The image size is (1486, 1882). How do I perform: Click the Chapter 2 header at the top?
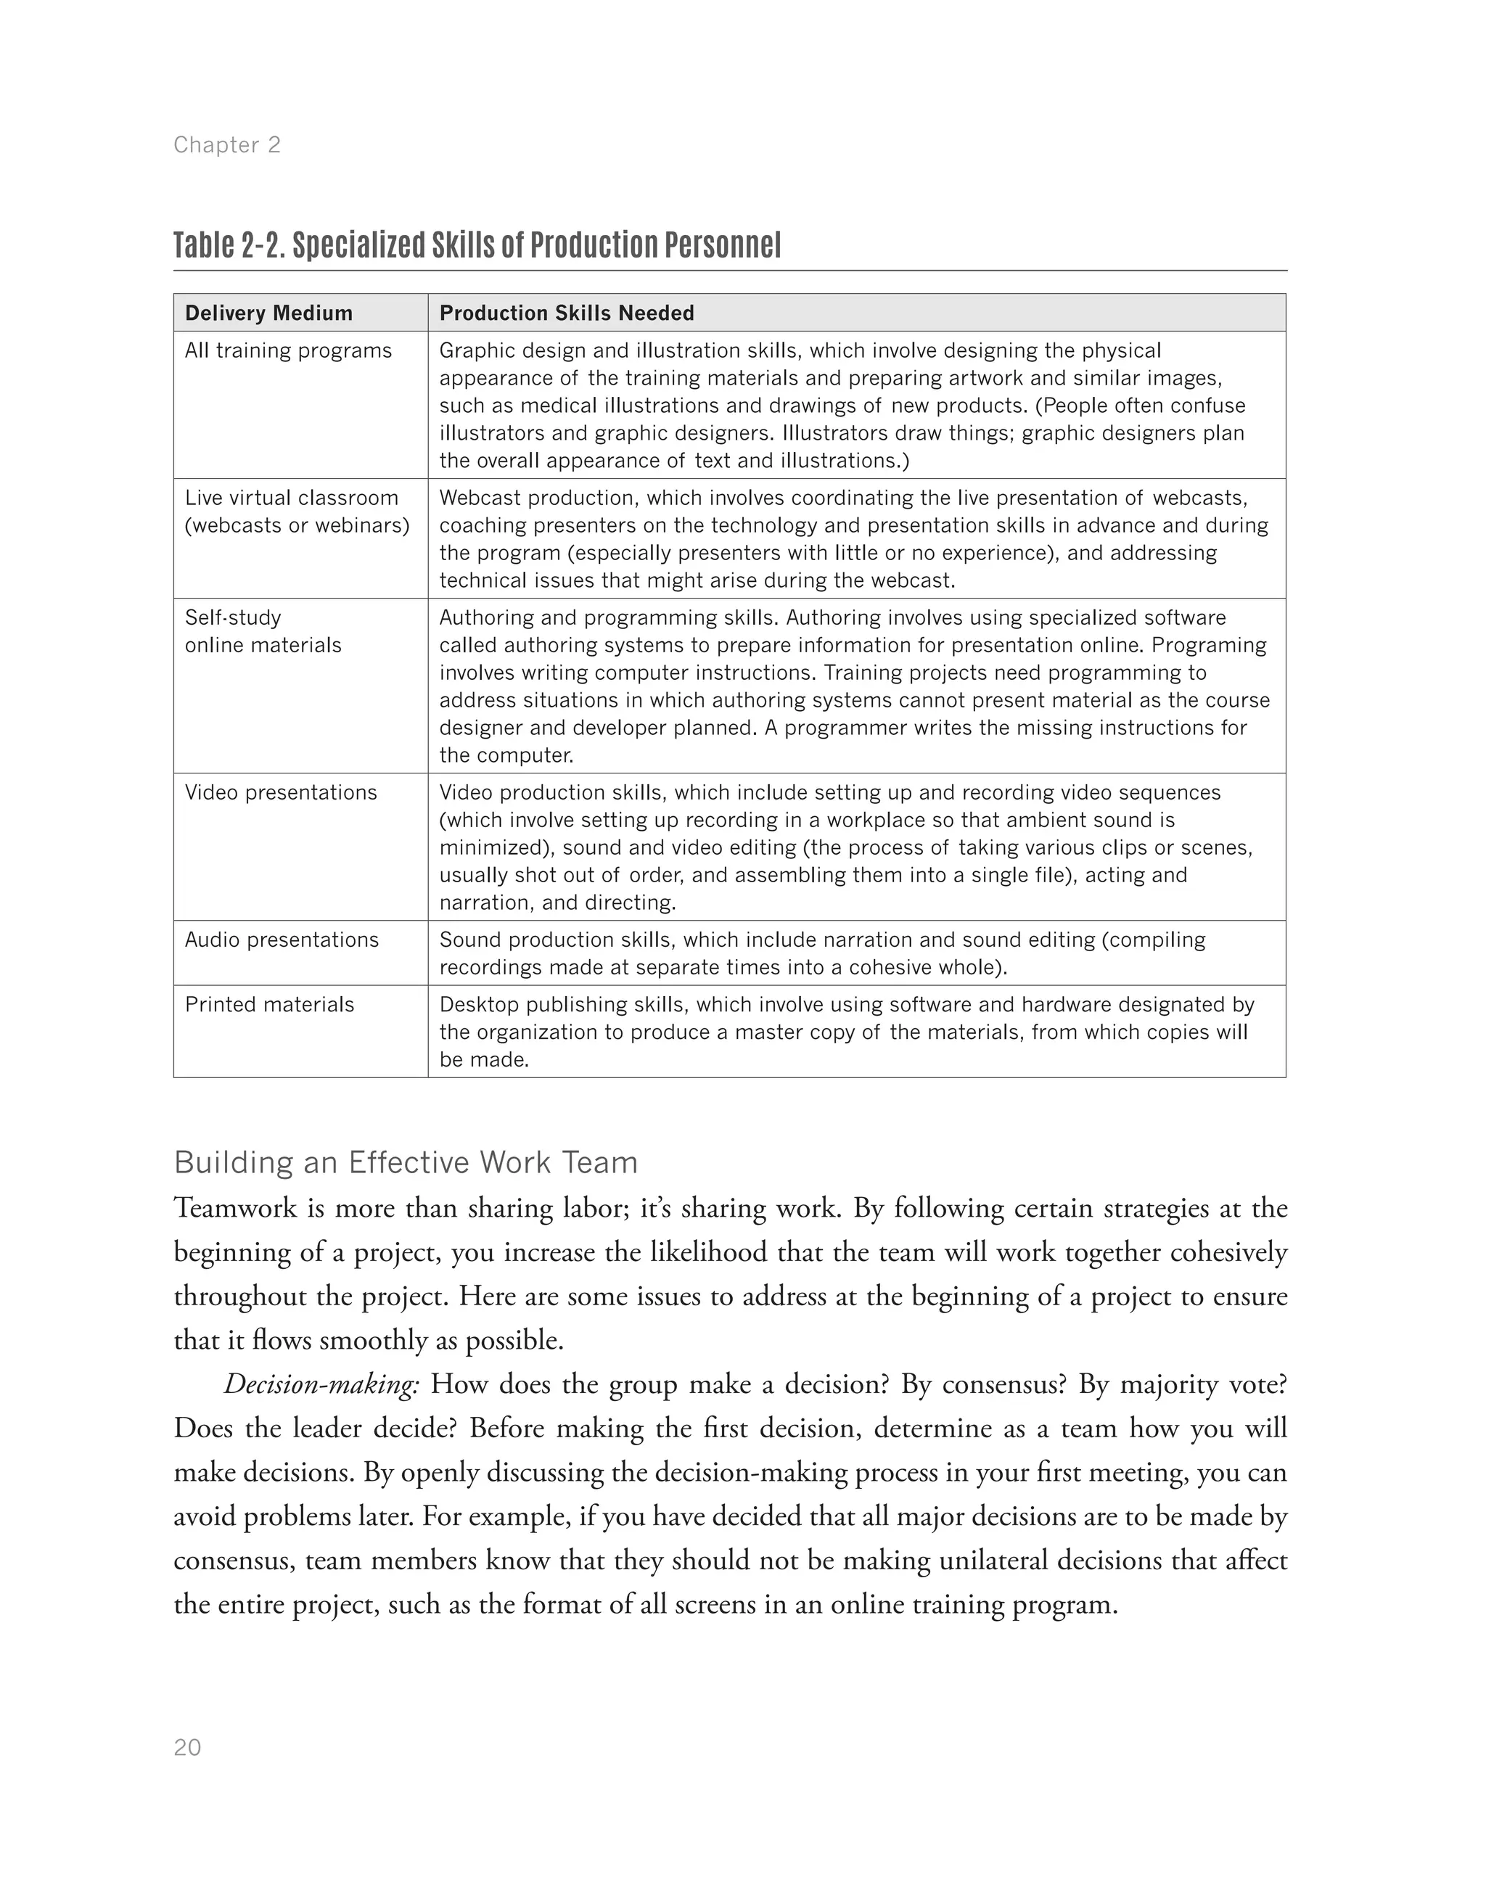(x=227, y=145)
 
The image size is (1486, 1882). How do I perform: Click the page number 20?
(x=188, y=1748)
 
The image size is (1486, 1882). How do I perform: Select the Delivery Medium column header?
(x=269, y=313)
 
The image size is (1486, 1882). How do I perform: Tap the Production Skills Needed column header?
(x=567, y=313)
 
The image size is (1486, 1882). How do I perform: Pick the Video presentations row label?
(x=281, y=793)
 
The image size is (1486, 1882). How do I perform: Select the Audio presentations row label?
(x=282, y=940)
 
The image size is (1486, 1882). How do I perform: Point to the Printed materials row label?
(x=270, y=1005)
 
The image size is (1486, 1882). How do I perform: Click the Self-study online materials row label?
(x=263, y=632)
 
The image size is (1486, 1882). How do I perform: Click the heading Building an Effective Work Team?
(x=406, y=1162)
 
